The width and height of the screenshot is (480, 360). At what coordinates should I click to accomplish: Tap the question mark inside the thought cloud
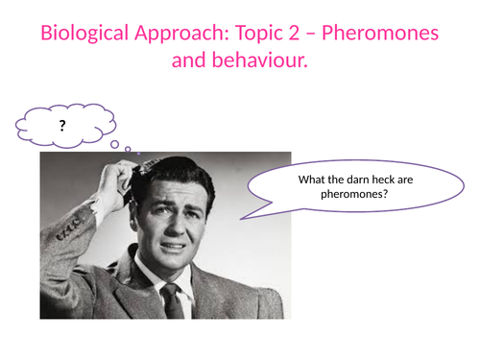(x=61, y=125)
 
